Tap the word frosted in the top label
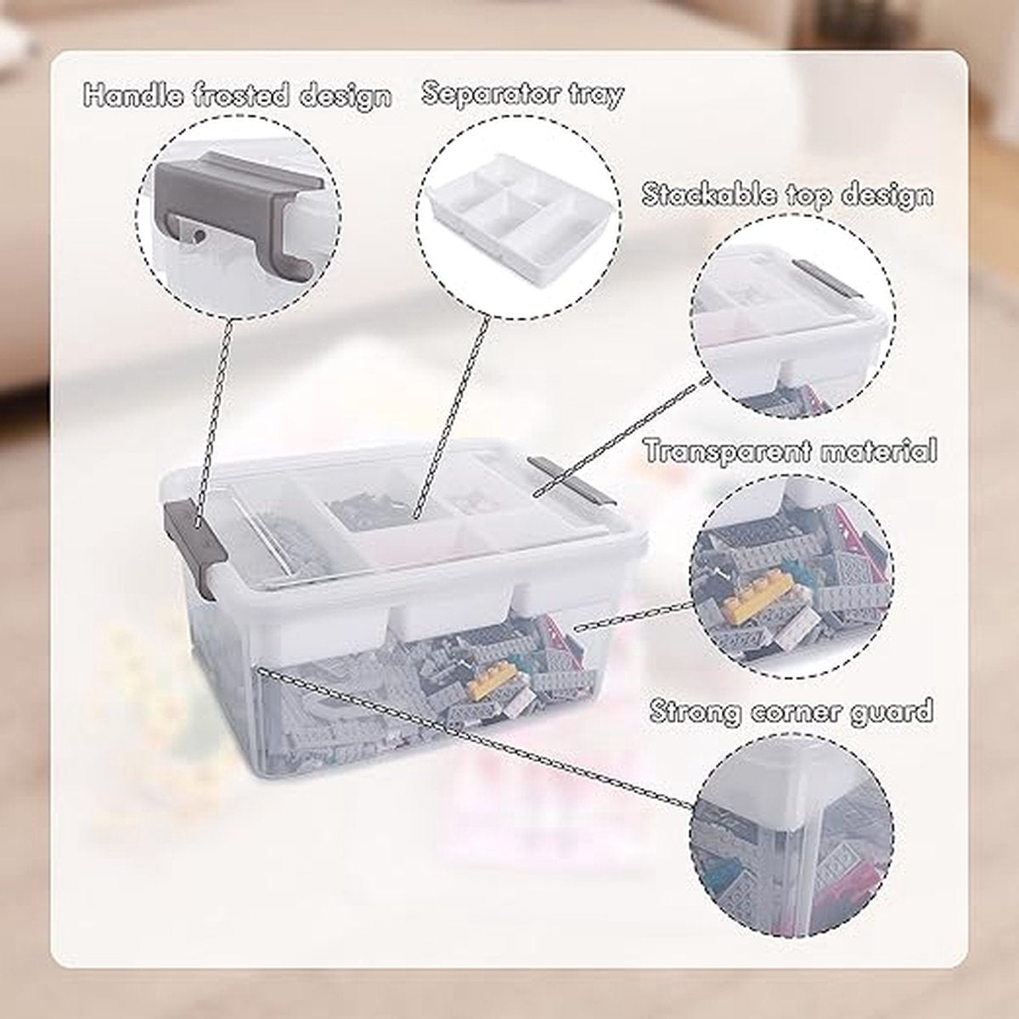click(244, 96)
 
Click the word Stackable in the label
click(710, 194)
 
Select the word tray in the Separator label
click(596, 94)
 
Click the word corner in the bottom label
click(791, 711)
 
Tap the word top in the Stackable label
click(809, 195)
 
